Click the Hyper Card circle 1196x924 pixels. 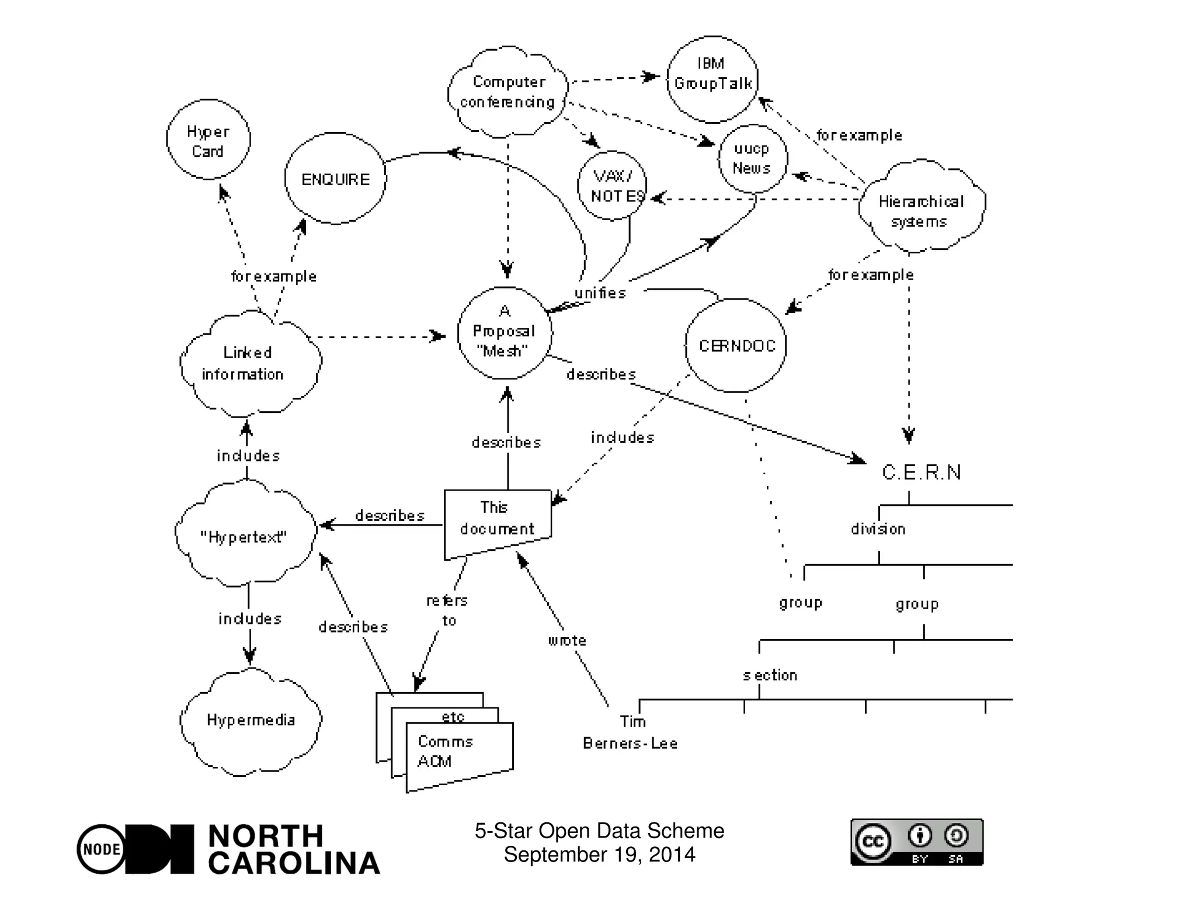tap(208, 140)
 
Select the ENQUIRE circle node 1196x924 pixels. tap(335, 179)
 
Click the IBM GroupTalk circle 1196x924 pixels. tap(712, 79)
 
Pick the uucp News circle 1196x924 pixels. tap(752, 158)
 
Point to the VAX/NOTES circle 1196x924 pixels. tap(612, 186)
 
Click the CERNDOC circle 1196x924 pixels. tap(736, 346)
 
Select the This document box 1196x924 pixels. tap(497, 519)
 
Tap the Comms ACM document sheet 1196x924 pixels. tap(458, 753)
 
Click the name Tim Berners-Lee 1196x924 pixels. tap(630, 732)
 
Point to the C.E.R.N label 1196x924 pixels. tap(921, 472)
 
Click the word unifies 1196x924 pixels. tap(600, 293)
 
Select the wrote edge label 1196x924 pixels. tap(566, 640)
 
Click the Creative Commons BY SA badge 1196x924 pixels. tap(916, 842)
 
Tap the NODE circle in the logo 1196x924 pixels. tap(102, 849)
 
